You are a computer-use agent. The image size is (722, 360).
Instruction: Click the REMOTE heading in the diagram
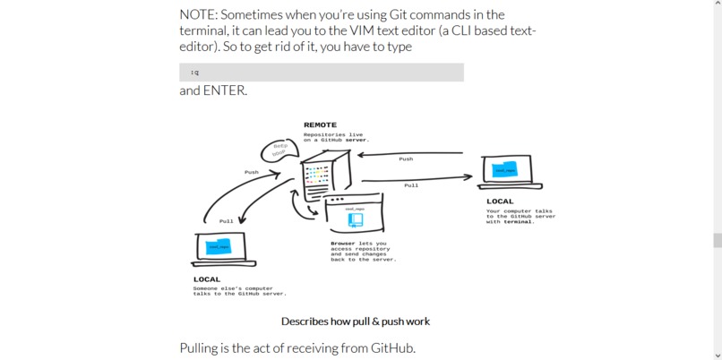[320, 125]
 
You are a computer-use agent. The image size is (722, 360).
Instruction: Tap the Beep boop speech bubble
[279, 150]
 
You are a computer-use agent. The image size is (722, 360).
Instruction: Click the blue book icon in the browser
[355, 219]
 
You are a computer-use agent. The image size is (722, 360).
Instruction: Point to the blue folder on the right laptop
[505, 170]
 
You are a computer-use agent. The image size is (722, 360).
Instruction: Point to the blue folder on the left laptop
[219, 247]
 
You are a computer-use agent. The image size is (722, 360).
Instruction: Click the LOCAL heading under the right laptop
[500, 201]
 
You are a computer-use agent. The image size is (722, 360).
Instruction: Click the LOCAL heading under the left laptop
[207, 279]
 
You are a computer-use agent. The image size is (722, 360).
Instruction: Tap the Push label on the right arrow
[406, 159]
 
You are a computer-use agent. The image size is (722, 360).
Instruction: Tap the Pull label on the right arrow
[410, 185]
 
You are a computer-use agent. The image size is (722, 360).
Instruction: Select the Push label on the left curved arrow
[251, 172]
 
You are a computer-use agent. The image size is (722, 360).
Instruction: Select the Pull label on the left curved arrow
[226, 221]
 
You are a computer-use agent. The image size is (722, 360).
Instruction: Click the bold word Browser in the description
[342, 244]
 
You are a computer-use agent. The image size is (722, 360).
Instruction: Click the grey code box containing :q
[321, 73]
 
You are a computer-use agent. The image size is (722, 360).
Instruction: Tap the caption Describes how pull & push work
[355, 321]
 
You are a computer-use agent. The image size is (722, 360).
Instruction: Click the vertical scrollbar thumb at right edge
[717, 240]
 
